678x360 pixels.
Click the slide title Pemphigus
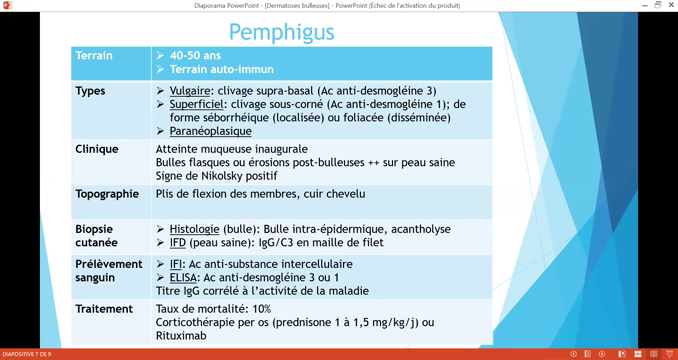(x=281, y=32)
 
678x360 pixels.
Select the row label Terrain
(x=94, y=56)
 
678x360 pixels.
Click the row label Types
(x=90, y=91)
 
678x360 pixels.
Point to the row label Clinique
(x=97, y=149)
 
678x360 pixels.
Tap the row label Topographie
(x=107, y=194)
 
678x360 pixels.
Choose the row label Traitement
(x=104, y=309)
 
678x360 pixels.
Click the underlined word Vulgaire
(x=190, y=91)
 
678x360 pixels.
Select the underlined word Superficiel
(x=196, y=104)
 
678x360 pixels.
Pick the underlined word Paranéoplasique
(x=210, y=131)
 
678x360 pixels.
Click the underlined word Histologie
(x=194, y=229)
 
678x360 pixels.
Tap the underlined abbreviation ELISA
(x=183, y=278)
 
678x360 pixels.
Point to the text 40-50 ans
(x=195, y=56)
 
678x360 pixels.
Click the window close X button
(x=671, y=5)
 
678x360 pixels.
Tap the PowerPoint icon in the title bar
(x=7, y=5)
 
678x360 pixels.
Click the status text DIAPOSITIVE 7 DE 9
(x=27, y=354)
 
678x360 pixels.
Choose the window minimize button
(x=645, y=5)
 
